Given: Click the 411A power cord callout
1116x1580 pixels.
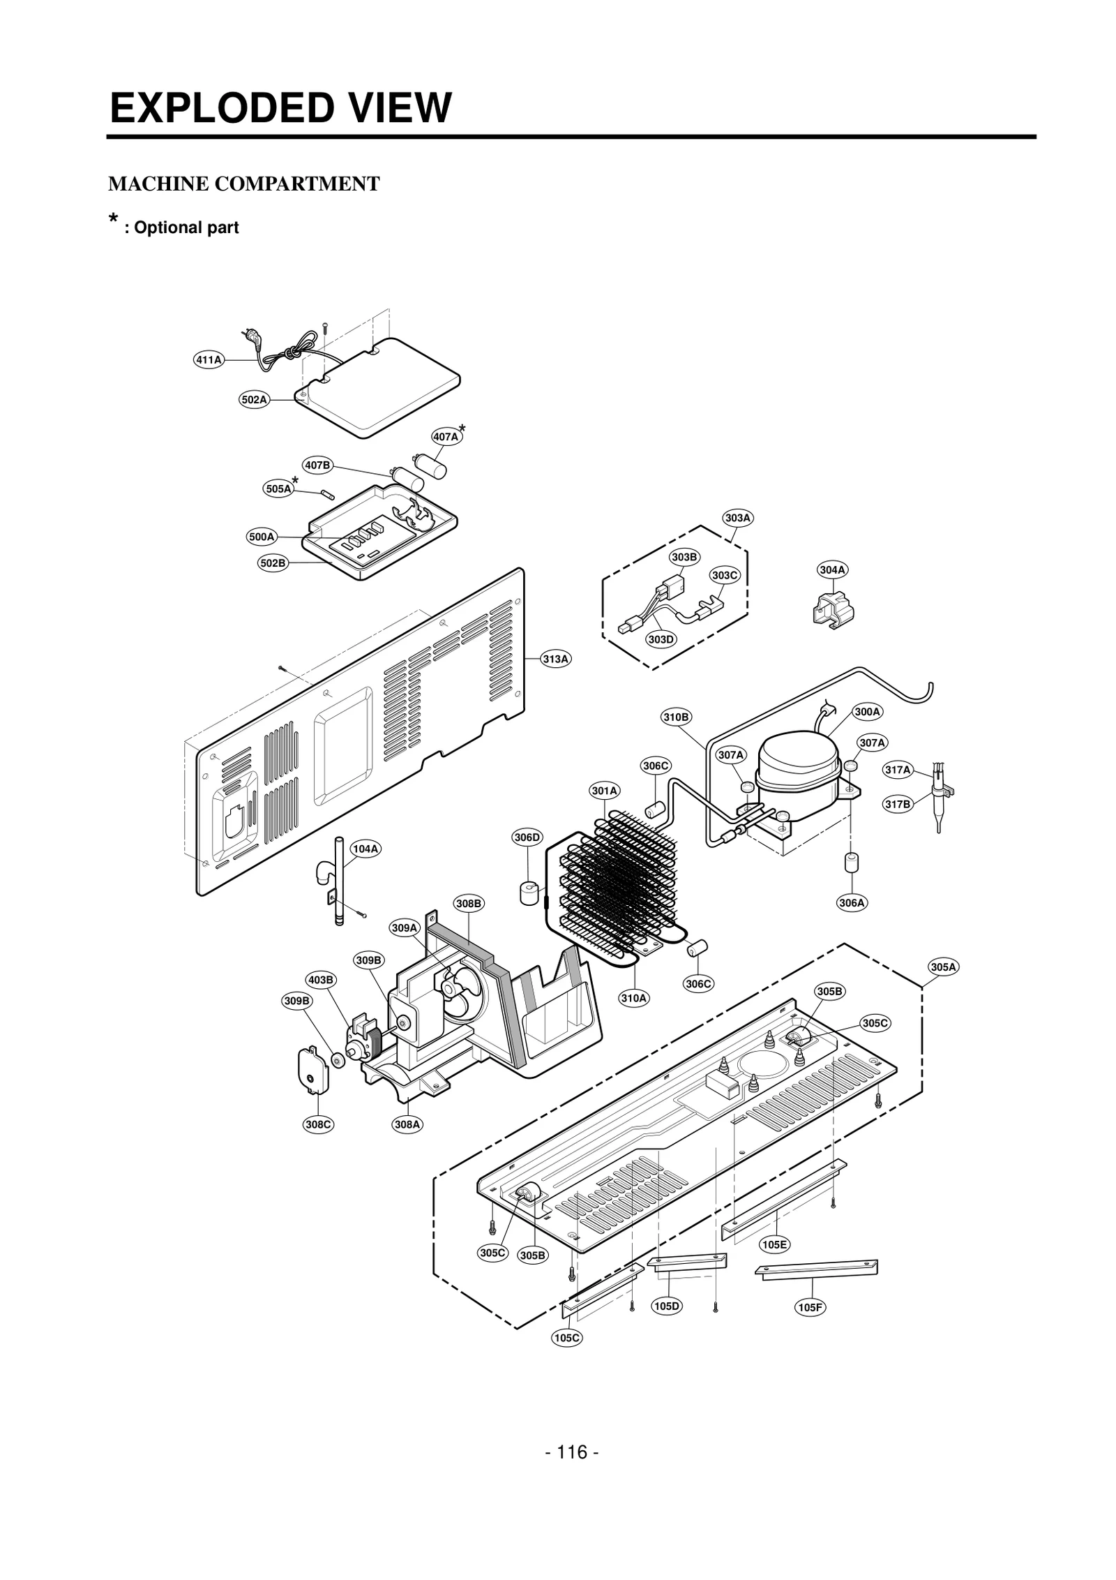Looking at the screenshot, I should pyautogui.click(x=208, y=360).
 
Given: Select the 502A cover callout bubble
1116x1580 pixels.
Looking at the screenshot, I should pyautogui.click(x=254, y=400).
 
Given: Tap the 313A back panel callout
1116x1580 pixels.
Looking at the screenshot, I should pyautogui.click(x=556, y=658).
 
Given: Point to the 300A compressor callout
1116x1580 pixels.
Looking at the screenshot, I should pyautogui.click(x=867, y=712).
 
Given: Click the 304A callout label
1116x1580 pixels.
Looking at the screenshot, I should pyautogui.click(x=833, y=570).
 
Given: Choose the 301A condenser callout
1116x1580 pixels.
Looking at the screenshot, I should pyautogui.click(x=605, y=791).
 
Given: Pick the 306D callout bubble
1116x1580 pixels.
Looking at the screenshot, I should pyautogui.click(x=527, y=837).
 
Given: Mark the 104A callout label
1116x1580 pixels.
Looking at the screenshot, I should pyautogui.click(x=365, y=849).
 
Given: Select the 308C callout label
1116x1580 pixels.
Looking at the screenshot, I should pyautogui.click(x=319, y=1124).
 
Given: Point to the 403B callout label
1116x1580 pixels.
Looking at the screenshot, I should pyautogui.click(x=321, y=980).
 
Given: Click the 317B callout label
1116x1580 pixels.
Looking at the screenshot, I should pyautogui.click(x=898, y=804).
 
